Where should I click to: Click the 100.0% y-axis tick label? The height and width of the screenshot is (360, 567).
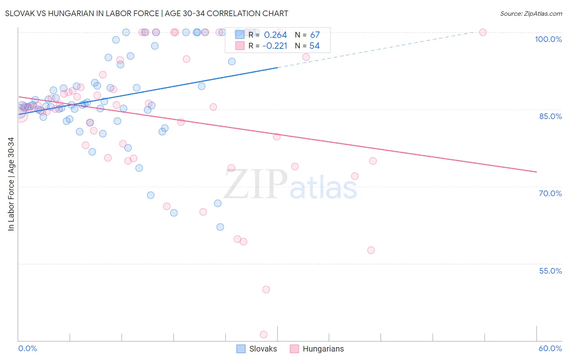point(548,39)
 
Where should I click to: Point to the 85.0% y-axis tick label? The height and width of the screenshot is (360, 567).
point(550,116)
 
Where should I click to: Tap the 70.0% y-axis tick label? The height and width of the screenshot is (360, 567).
point(550,193)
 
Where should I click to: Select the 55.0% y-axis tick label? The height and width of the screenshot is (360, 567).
point(550,271)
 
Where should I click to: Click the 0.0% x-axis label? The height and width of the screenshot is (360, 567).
point(27,348)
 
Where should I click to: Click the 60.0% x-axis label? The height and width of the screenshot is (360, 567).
point(550,348)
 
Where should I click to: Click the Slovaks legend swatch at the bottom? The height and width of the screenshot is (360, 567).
point(241,349)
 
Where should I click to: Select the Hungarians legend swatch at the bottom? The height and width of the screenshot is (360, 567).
point(294,349)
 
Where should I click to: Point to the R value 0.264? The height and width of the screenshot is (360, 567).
point(275,35)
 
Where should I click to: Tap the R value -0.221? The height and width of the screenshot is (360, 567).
point(275,46)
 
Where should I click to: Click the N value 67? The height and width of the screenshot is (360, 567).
point(315,35)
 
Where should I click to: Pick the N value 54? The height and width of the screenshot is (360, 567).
point(315,46)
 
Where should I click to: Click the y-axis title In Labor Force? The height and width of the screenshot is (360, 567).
point(11,184)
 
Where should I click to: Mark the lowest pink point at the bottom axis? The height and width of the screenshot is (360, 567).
point(264,334)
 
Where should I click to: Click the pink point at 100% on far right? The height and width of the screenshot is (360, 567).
point(483,32)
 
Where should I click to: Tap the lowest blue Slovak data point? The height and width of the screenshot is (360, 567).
point(220,227)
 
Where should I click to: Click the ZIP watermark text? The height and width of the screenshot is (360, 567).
point(256,184)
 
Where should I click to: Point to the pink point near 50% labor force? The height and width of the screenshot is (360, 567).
point(266,289)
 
